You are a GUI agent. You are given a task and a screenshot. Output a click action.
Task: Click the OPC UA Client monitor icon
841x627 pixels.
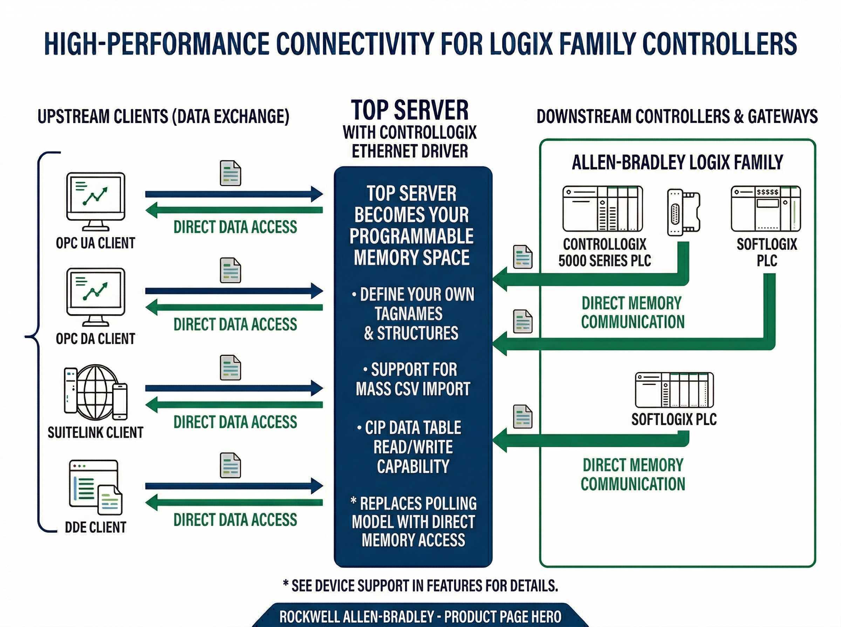tap(95, 201)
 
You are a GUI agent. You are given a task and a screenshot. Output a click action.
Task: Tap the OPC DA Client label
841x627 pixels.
tap(95, 339)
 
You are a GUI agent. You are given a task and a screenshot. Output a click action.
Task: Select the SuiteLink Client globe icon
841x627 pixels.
tap(96, 393)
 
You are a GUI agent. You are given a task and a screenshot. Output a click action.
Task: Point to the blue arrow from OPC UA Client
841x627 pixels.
tap(234, 194)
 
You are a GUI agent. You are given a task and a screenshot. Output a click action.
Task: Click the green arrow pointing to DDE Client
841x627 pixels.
tap(234, 503)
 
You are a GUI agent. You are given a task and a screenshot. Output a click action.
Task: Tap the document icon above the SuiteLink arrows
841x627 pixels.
tap(230, 368)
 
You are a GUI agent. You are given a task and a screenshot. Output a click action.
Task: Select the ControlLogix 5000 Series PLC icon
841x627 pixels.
tap(603, 209)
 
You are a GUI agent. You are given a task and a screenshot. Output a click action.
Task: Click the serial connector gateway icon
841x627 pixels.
tap(683, 212)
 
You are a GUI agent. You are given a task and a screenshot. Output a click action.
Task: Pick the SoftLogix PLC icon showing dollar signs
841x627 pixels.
tap(766, 209)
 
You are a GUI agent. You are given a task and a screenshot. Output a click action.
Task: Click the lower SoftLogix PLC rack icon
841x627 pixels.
tap(674, 390)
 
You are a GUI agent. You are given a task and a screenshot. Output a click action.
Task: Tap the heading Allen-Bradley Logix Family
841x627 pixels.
tap(677, 162)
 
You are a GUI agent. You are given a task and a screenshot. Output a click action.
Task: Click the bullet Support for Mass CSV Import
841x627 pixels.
tap(413, 379)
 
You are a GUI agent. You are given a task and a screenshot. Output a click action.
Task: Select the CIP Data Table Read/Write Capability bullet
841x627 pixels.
tap(413, 447)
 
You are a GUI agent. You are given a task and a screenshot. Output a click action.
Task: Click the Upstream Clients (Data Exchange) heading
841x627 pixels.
tap(163, 116)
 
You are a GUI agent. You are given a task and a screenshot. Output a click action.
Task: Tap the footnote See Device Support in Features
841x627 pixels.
tap(420, 586)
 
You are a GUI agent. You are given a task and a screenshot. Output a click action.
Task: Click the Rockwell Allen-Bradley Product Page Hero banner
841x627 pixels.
tap(420, 617)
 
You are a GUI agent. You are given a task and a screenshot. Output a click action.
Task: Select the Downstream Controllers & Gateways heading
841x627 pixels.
tap(677, 116)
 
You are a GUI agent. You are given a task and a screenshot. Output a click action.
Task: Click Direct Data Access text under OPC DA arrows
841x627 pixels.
tap(235, 324)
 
